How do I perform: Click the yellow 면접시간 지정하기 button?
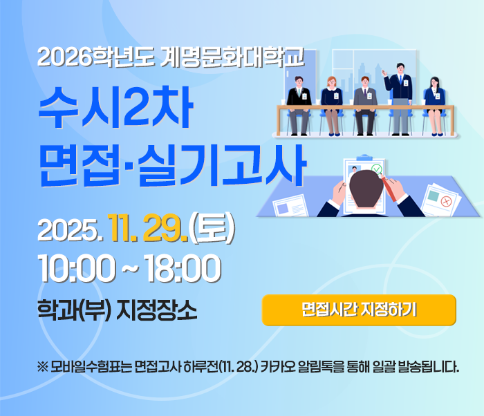tap(359, 310)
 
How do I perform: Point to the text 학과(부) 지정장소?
tap(118, 308)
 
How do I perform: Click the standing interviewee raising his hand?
tap(399, 93)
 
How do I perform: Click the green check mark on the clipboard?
tap(378, 169)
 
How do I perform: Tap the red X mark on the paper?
tap(446, 201)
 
